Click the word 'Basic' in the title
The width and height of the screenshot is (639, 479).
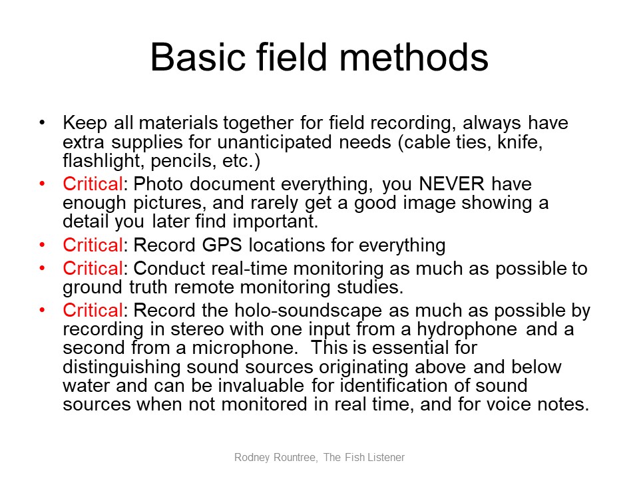pyautogui.click(x=198, y=57)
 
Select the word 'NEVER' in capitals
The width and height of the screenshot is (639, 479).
pyautogui.click(x=451, y=184)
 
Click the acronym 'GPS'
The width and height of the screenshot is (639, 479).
pyautogui.click(x=222, y=245)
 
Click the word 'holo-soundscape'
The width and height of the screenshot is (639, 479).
pyautogui.click(x=308, y=311)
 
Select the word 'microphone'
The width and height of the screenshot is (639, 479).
pyautogui.click(x=242, y=348)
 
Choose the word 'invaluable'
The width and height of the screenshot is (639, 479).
pyautogui.click(x=261, y=386)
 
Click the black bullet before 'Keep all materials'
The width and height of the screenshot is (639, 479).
pyautogui.click(x=42, y=122)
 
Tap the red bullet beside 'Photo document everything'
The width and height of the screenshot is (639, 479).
pyautogui.click(x=42, y=184)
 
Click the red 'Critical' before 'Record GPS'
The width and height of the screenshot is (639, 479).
pyautogui.click(x=93, y=245)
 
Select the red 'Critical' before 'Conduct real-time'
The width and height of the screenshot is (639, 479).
pyautogui.click(x=93, y=269)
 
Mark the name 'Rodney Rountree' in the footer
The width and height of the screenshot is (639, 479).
pyautogui.click(x=276, y=458)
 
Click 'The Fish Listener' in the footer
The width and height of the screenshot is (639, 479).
pyautogui.click(x=364, y=458)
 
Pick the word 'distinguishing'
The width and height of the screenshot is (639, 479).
pyautogui.click(x=121, y=367)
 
